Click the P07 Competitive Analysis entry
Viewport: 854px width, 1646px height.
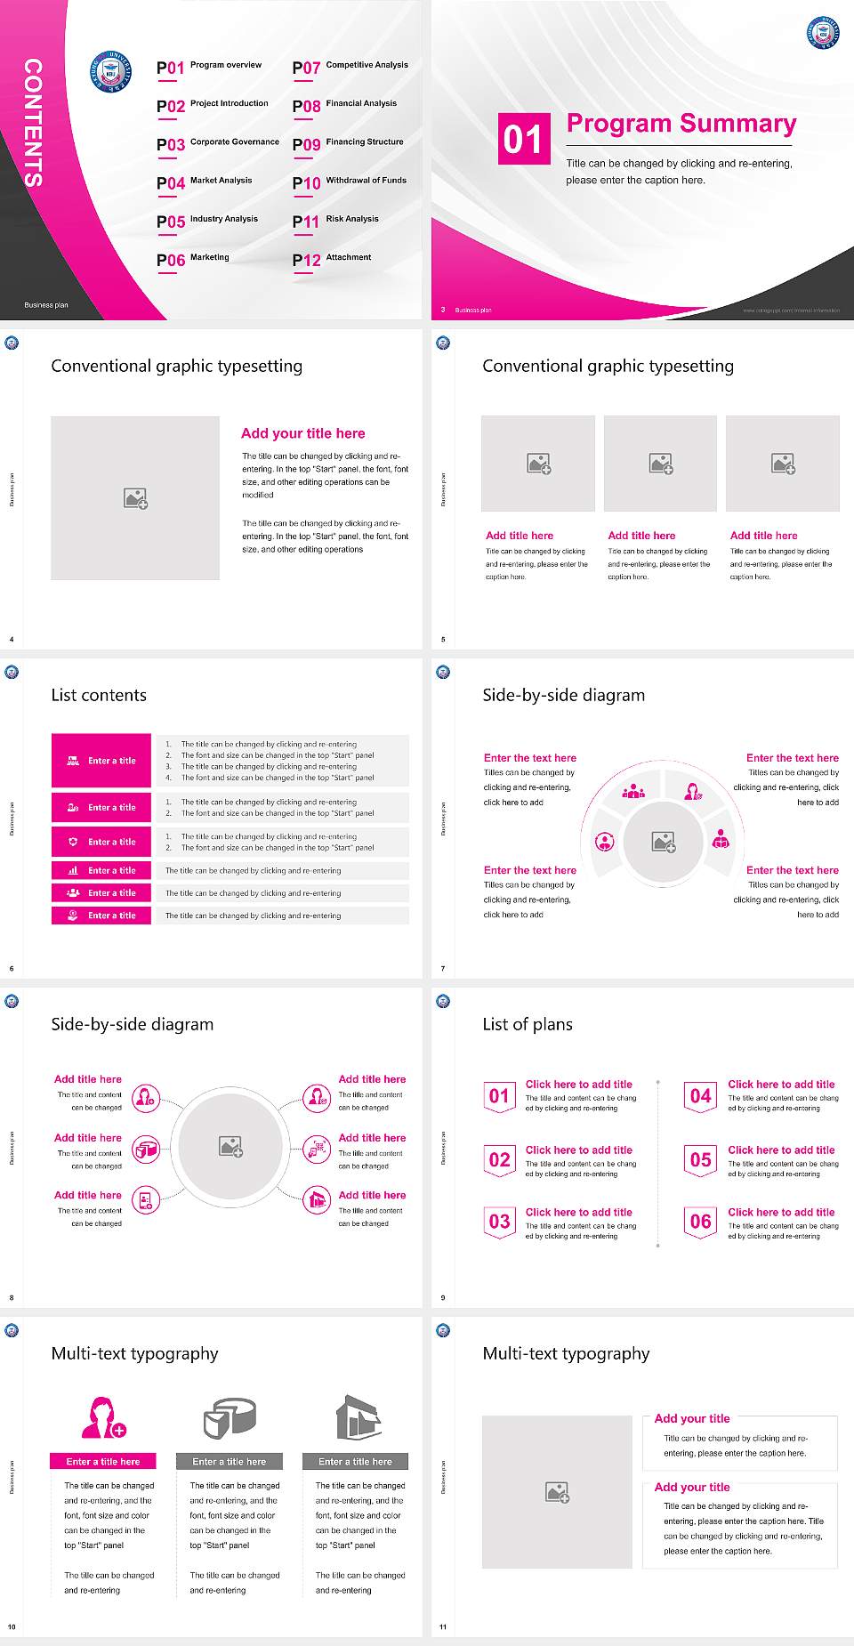tap(350, 67)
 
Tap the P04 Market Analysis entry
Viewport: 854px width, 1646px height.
tap(205, 182)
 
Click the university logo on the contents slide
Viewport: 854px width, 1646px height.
tap(111, 72)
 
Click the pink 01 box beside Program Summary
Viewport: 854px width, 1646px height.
tap(524, 139)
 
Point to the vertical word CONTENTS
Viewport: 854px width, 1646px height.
tap(33, 122)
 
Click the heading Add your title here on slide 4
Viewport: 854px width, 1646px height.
tap(302, 433)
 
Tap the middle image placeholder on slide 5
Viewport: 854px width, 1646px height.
tap(660, 464)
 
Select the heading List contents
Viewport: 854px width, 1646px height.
tap(99, 695)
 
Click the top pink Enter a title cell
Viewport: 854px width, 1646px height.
tap(101, 761)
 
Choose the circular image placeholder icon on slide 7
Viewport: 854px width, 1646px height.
tap(663, 842)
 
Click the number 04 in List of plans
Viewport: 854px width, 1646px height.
tap(701, 1096)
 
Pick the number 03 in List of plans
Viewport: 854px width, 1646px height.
tap(500, 1222)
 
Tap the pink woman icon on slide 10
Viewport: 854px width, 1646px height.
tap(103, 1417)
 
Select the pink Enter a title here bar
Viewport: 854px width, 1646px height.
tap(103, 1461)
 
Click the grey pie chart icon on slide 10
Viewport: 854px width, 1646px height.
tap(230, 1417)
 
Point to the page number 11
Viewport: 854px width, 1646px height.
tap(443, 1627)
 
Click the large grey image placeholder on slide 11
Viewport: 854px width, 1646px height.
tap(557, 1492)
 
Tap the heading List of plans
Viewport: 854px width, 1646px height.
tap(528, 1024)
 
